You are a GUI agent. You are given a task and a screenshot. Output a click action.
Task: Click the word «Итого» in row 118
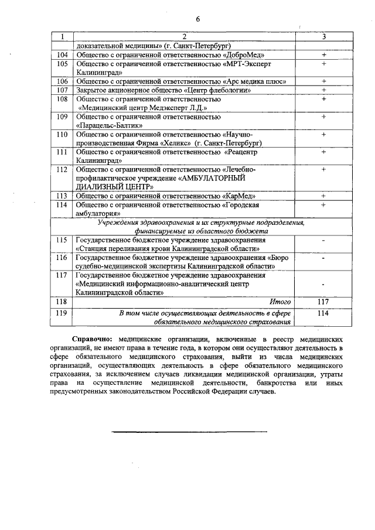280,302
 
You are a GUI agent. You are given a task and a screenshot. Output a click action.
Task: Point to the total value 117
323,302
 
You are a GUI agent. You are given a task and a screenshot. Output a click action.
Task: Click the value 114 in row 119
323,313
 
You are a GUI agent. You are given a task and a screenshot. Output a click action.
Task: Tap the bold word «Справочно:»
108,339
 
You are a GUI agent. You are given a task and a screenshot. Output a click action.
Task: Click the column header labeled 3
323,36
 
